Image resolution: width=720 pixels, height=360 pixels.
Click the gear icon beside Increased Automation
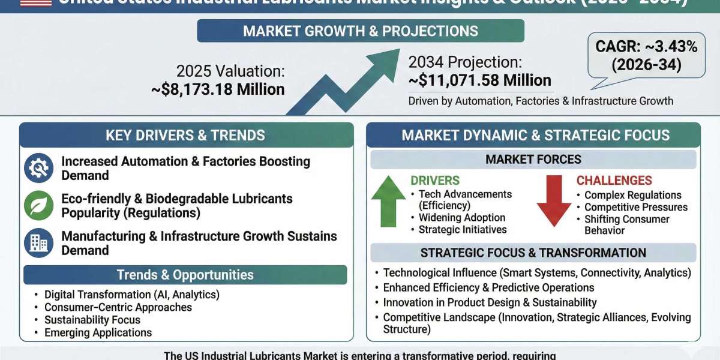click(38, 169)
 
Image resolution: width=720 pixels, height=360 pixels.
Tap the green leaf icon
click(38, 205)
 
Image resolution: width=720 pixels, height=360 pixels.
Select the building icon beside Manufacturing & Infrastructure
click(38, 242)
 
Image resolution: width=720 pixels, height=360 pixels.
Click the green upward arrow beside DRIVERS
click(388, 204)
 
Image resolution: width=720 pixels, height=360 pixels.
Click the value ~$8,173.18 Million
click(218, 89)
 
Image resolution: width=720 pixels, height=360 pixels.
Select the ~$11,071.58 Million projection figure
click(479, 80)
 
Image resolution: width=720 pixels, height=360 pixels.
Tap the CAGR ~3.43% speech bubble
click(646, 56)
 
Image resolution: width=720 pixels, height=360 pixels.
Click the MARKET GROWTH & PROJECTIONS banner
click(361, 31)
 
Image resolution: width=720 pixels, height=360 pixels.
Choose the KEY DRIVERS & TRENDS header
click(185, 135)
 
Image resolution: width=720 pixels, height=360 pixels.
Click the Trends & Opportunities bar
click(185, 275)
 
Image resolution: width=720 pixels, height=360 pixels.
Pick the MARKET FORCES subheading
click(533, 160)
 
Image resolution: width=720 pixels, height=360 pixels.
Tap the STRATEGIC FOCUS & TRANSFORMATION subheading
click(533, 253)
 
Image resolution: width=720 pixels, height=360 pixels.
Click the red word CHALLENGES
click(614, 181)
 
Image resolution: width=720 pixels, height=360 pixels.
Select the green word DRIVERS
click(435, 181)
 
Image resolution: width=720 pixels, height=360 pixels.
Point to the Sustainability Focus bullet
click(92, 320)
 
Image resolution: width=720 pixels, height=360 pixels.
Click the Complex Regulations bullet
click(632, 195)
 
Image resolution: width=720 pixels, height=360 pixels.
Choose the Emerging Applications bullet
click(98, 332)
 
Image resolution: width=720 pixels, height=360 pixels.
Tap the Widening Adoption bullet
click(461, 218)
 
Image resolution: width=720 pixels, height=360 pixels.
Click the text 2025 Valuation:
click(230, 71)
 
